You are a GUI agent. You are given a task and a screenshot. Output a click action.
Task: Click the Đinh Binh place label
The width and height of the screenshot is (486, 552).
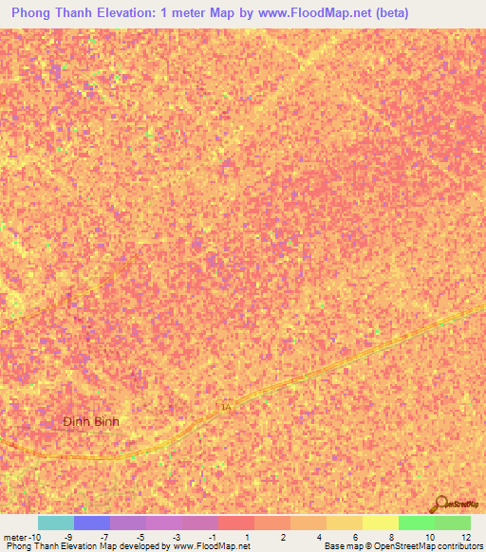pos(91,421)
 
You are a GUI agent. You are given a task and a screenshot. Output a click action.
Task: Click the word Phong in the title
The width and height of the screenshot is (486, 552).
pos(34,13)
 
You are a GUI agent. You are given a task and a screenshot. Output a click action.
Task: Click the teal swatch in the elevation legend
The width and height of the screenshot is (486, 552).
pos(55,523)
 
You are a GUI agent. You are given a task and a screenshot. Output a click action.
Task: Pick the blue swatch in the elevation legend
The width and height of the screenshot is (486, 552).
pos(92,523)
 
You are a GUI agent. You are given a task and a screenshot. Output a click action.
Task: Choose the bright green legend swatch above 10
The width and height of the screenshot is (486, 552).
pos(416,523)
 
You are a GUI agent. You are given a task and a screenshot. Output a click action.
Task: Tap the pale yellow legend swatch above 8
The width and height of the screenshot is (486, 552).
pos(380,523)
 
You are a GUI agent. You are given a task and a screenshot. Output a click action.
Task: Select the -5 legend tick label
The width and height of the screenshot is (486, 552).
pos(140,538)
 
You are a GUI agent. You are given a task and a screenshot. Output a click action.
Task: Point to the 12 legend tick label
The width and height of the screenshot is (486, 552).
pos(465,538)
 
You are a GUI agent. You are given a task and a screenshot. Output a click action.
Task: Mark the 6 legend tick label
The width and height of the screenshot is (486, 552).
pos(355,538)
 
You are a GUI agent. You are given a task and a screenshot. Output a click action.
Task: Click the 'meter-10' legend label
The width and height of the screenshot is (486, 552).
pos(21,538)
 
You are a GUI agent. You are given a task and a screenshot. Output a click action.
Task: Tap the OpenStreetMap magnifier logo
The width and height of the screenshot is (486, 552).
pos(439,505)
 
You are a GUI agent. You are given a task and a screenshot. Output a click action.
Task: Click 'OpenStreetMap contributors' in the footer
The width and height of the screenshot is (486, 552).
pos(434,546)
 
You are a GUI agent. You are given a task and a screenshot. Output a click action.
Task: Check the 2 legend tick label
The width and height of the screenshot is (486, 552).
pos(282,538)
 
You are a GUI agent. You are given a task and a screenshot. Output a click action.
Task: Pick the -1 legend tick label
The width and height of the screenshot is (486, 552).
pos(212,538)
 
